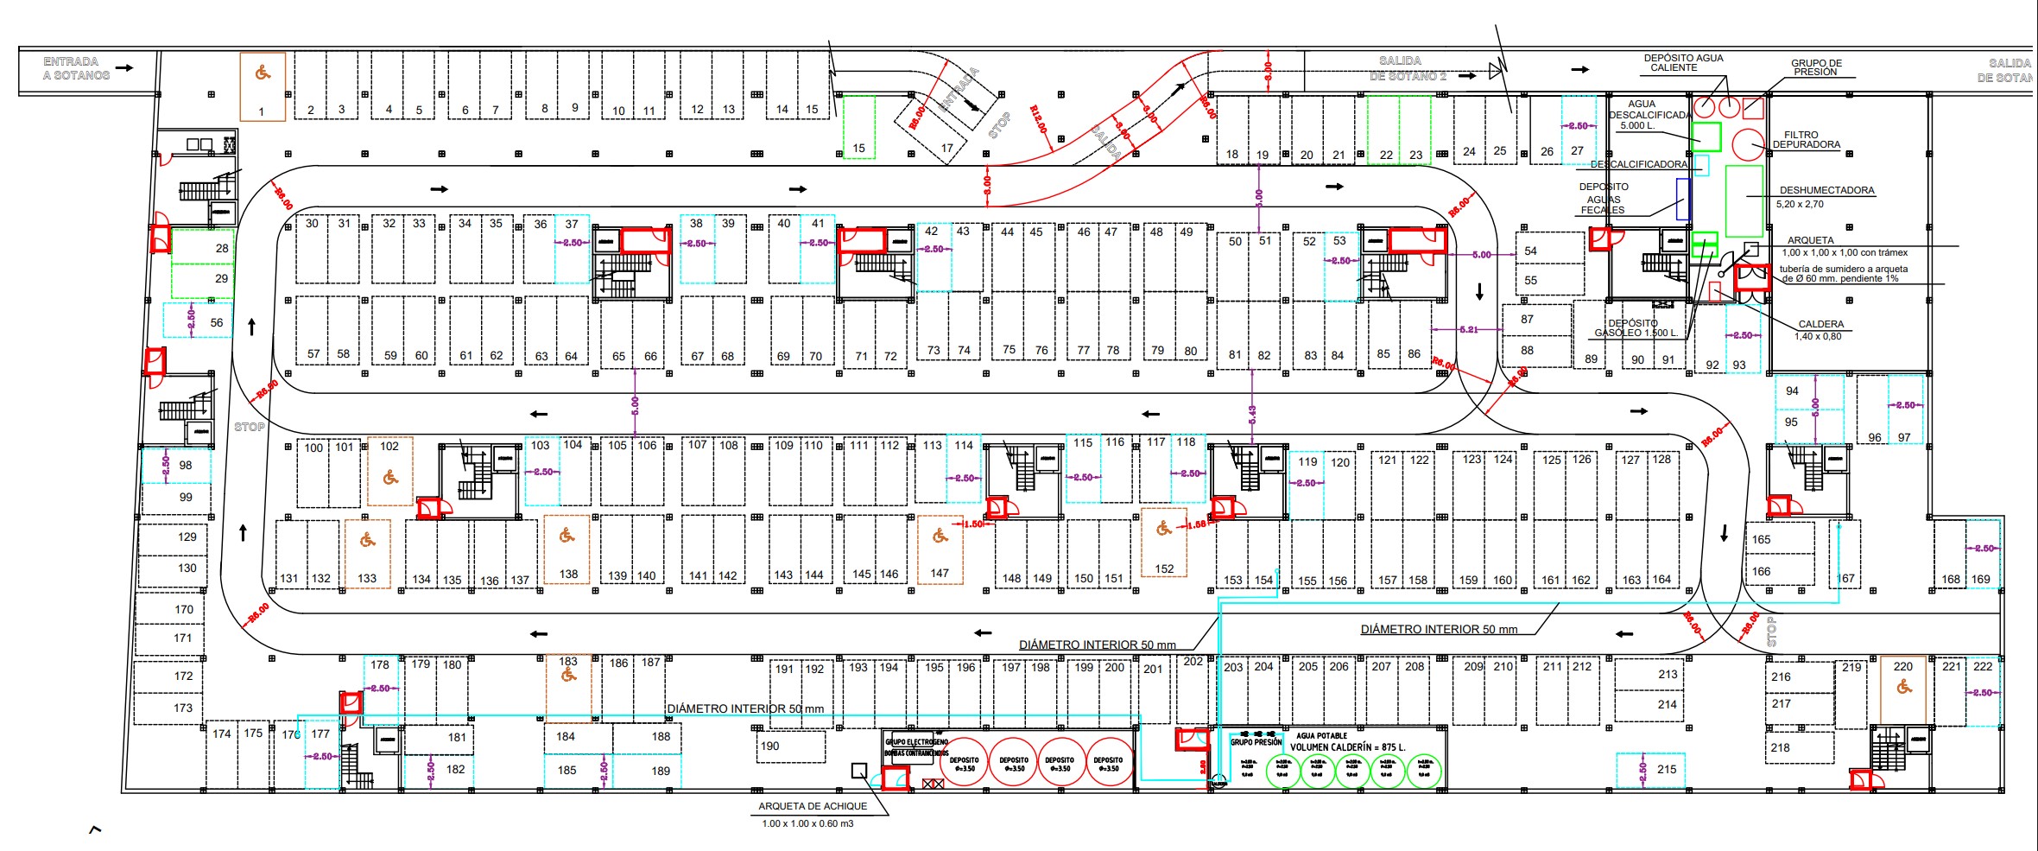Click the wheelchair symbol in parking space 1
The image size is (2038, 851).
point(263,73)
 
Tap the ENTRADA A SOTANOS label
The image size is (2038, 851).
point(76,68)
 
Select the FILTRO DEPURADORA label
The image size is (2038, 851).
point(1806,140)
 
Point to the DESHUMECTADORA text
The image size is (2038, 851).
point(1826,190)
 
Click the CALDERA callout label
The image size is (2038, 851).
point(1820,324)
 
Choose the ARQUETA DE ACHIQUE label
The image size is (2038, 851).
point(812,806)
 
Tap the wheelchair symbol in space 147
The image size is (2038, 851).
point(940,537)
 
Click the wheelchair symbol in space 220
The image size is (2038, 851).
point(1903,687)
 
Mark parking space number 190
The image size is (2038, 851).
point(769,746)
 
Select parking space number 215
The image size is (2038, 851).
point(1667,769)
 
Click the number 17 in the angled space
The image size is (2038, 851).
point(946,148)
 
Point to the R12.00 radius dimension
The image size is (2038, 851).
point(1038,120)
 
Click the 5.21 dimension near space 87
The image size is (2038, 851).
point(1468,329)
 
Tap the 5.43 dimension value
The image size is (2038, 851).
point(1252,415)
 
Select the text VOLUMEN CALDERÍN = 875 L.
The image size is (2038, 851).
point(1347,747)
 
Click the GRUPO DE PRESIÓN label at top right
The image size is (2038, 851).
point(1816,67)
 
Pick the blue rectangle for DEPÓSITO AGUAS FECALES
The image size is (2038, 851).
point(1682,199)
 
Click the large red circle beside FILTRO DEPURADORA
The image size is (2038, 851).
point(1749,144)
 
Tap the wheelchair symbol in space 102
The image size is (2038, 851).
point(390,477)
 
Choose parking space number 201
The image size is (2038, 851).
point(1153,669)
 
